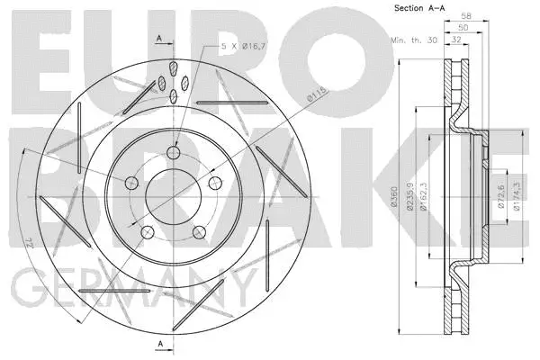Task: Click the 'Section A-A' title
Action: pyautogui.click(x=419, y=8)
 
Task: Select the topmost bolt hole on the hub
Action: pyautogui.click(x=173, y=152)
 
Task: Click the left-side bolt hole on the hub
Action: pyautogui.click(x=132, y=184)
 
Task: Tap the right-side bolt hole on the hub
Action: pyautogui.click(x=215, y=184)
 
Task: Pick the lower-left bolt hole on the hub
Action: pyautogui.click(x=148, y=231)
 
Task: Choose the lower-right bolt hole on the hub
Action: pyautogui.click(x=200, y=231)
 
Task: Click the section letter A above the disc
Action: pyautogui.click(x=158, y=37)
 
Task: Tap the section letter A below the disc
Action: pyautogui.click(x=158, y=344)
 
